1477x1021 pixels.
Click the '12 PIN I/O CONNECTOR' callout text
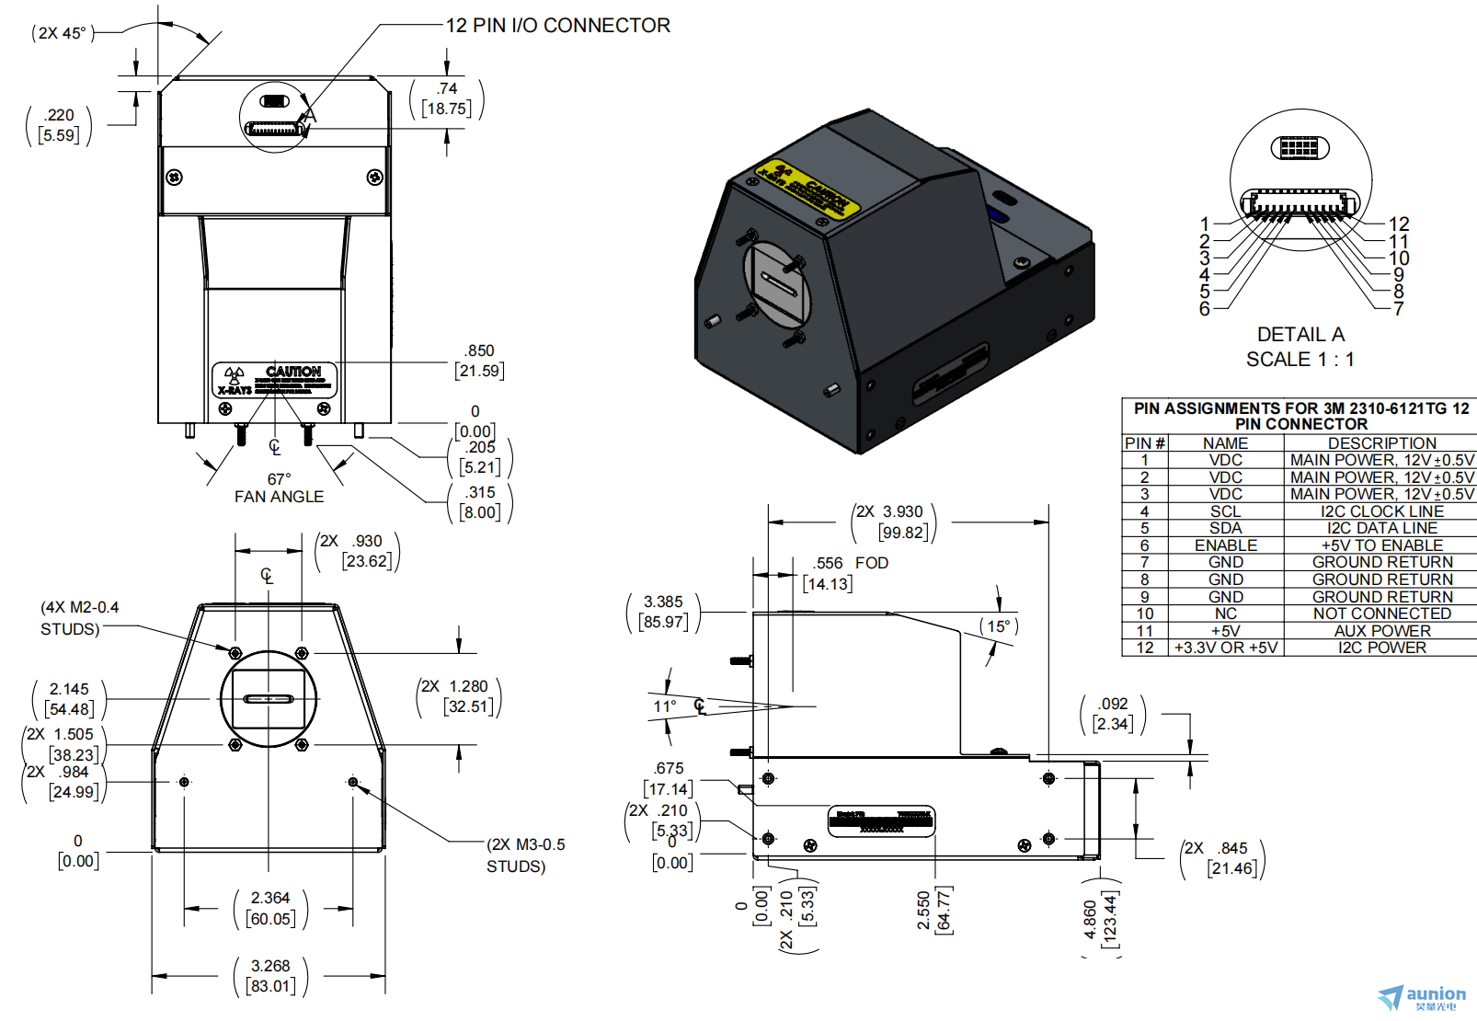(x=557, y=26)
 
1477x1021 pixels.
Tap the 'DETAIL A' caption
(x=1300, y=335)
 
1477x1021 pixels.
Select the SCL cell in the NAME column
(x=1225, y=511)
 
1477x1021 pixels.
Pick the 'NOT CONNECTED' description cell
(x=1381, y=614)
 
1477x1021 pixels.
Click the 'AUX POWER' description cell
(x=1381, y=631)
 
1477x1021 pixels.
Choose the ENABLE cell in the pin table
(x=1225, y=545)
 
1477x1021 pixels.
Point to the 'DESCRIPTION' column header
(x=1381, y=443)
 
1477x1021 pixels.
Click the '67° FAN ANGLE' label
(x=279, y=488)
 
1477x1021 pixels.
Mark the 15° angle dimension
(x=999, y=626)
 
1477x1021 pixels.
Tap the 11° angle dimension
(x=664, y=706)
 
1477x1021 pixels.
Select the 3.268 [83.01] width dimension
(x=270, y=976)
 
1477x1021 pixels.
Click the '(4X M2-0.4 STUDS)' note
(x=79, y=618)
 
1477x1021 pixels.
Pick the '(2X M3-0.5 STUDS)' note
(x=526, y=855)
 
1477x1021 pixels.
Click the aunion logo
(x=1423, y=996)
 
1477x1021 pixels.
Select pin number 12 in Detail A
(x=1399, y=224)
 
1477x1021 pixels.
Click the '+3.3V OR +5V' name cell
(x=1225, y=648)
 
